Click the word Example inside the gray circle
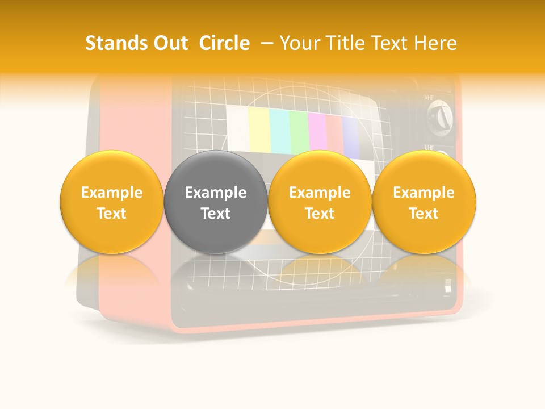(216, 193)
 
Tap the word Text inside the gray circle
(216, 214)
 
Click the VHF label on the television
(430, 98)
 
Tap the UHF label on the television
(430, 148)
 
